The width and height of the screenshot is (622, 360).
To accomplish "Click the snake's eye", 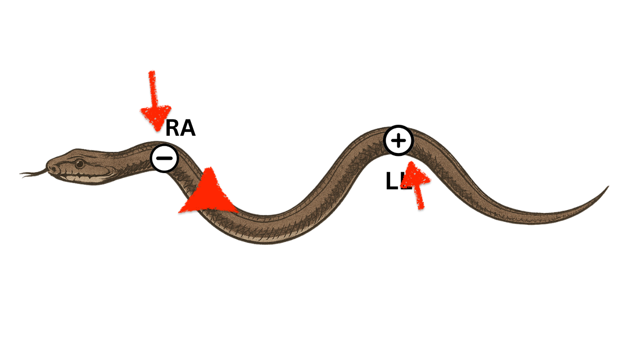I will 79,163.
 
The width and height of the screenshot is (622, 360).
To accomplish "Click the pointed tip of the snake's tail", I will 608,186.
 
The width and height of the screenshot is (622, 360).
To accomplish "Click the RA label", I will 180,129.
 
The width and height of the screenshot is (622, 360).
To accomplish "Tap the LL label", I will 396,182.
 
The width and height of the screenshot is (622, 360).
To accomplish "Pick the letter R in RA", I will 173,129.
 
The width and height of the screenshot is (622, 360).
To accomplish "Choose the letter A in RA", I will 187,129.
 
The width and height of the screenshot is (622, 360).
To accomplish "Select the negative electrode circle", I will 164,158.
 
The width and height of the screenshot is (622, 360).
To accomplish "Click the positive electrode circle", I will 398,141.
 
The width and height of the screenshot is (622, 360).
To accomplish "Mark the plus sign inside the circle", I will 398,141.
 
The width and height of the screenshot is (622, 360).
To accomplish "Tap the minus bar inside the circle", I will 164,158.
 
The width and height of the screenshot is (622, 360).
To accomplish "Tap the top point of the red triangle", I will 211,168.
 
